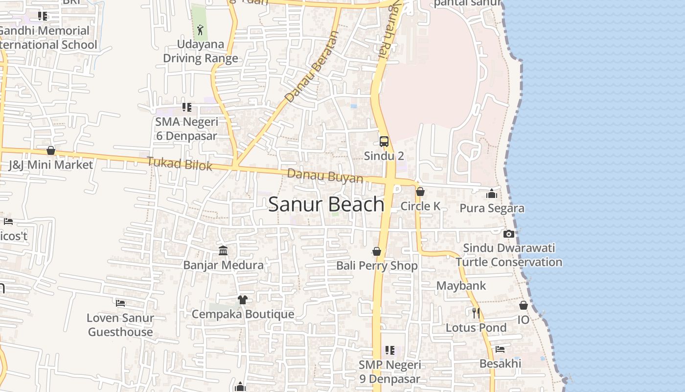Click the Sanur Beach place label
click(x=326, y=204)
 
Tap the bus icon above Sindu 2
click(x=384, y=142)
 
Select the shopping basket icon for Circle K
click(x=420, y=192)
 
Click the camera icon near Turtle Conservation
click(x=509, y=234)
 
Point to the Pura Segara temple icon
click(x=492, y=194)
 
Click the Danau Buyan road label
click(x=325, y=176)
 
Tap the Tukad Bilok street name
click(x=180, y=164)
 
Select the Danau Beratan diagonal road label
click(x=312, y=67)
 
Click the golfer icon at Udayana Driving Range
click(x=200, y=30)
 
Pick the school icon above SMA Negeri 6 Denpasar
click(x=187, y=107)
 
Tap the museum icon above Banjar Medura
click(x=223, y=251)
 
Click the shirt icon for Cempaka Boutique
click(x=243, y=299)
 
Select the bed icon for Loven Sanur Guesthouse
click(x=120, y=303)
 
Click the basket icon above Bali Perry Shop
click(x=377, y=251)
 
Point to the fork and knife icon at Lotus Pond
click(x=476, y=313)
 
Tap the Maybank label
click(x=461, y=286)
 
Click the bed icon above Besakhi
click(x=500, y=349)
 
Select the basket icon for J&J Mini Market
click(x=51, y=150)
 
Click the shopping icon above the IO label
click(x=524, y=305)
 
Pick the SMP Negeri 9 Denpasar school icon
click(x=390, y=350)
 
